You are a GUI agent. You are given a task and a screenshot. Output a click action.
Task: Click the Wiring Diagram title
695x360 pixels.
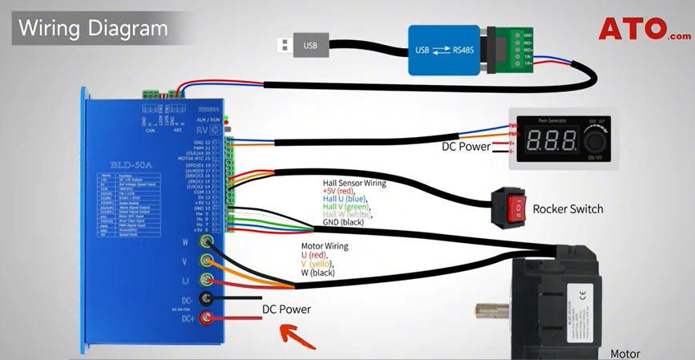(93, 29)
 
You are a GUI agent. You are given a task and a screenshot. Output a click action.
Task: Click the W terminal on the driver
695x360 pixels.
(208, 241)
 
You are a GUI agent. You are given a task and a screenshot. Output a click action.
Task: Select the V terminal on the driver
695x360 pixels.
(208, 261)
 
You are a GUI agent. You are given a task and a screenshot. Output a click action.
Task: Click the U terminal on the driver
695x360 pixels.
(208, 281)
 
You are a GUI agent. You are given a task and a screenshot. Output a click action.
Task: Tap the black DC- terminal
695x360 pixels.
(208, 301)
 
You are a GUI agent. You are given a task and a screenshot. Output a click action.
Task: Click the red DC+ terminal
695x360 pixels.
(208, 321)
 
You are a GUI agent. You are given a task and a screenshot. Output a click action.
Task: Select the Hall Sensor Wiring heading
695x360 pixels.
(354, 183)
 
